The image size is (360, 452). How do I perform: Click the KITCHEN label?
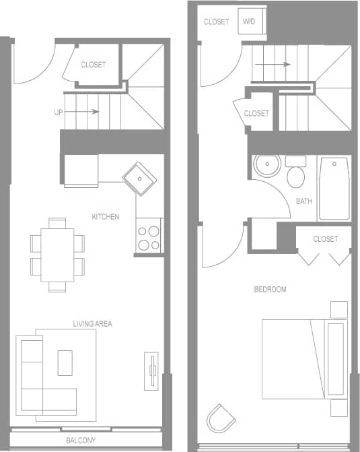coord(106,217)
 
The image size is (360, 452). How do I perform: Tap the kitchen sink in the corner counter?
coord(139,178)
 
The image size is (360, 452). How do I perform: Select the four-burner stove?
coord(149,236)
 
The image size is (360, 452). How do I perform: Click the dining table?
coord(57,255)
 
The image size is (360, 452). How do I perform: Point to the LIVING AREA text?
coord(92,324)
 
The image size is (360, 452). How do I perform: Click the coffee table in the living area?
coord(65,362)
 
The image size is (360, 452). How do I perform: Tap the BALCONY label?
coord(80,441)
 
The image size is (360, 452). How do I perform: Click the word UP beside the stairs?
coord(59,112)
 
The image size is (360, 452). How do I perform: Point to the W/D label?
coord(249,22)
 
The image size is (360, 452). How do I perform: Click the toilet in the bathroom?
coord(295,174)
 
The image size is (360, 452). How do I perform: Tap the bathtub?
coord(334,189)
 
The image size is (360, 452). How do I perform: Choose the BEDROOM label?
coord(270,290)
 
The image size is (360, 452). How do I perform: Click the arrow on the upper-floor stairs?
coord(273,65)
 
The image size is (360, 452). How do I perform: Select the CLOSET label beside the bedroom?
coord(326,239)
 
